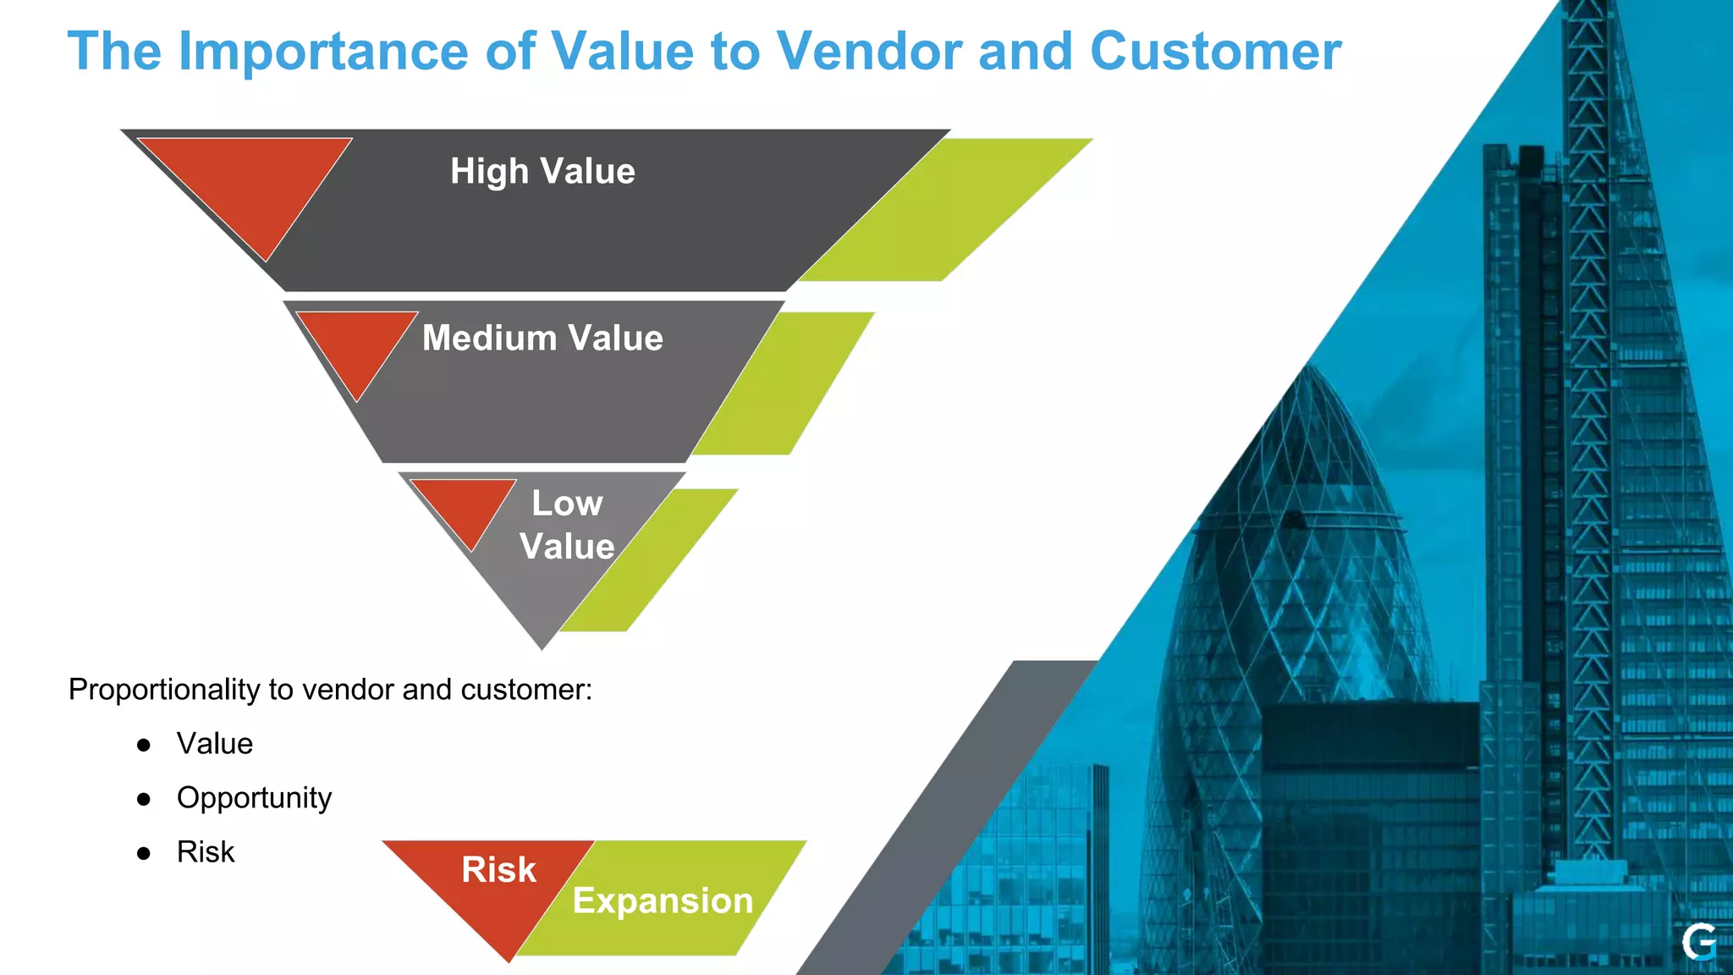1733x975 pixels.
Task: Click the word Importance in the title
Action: point(322,52)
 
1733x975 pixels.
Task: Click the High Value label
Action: point(542,172)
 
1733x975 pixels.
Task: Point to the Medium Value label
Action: point(542,339)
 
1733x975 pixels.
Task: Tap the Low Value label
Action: point(567,526)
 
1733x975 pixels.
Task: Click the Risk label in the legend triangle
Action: point(498,870)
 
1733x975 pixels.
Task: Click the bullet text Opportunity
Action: point(254,798)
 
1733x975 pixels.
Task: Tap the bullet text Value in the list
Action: point(215,744)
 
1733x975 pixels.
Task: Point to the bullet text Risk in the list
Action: point(206,852)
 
